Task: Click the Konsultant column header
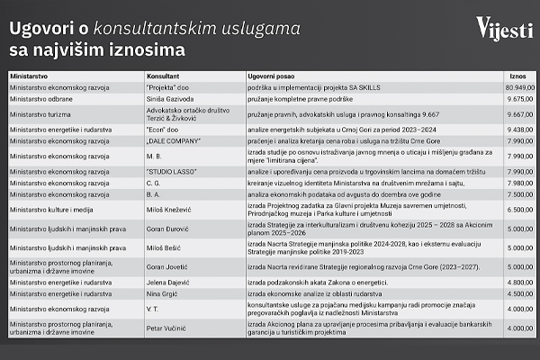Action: pos(163,77)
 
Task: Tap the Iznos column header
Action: pos(517,77)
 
